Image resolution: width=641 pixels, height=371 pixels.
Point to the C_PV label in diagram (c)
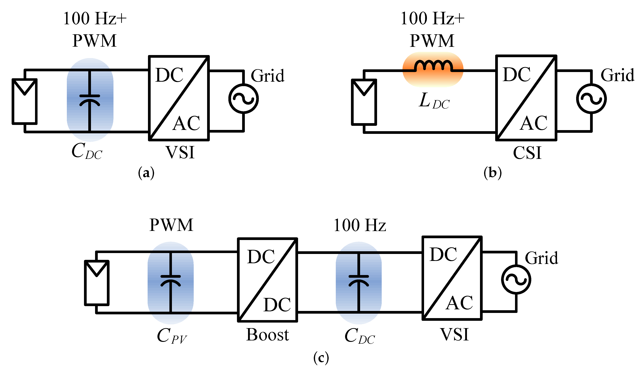click(x=172, y=336)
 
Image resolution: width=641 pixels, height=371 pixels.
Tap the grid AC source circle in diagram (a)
click(x=243, y=99)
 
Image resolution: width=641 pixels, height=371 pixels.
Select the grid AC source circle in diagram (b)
click(x=591, y=99)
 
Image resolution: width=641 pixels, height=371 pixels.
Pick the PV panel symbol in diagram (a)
click(x=25, y=102)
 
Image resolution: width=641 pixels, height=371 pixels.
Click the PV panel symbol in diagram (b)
click(x=364, y=102)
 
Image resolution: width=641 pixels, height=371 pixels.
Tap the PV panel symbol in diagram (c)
click(x=97, y=283)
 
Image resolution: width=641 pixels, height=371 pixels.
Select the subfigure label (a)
click(x=146, y=173)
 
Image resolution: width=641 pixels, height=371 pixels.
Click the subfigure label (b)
click(x=492, y=173)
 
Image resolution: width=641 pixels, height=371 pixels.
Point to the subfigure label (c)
click(x=321, y=358)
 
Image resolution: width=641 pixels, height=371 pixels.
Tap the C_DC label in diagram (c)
click(x=359, y=336)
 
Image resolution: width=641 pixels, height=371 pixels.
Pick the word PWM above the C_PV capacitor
click(x=171, y=225)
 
